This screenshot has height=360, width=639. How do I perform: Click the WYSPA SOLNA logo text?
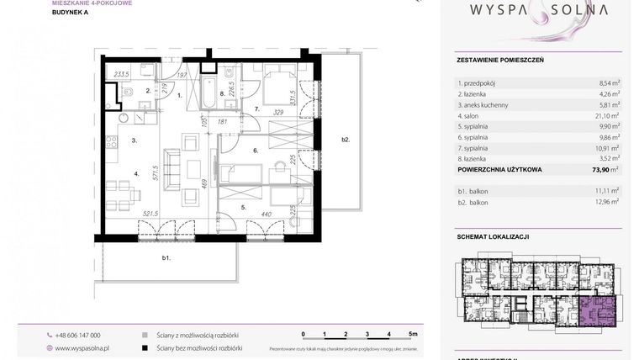(x=538, y=12)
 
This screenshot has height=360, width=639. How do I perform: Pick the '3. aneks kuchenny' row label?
(x=488, y=104)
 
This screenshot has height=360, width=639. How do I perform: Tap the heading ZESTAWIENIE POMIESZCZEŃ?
(x=500, y=61)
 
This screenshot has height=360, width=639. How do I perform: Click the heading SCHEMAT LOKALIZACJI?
(x=493, y=237)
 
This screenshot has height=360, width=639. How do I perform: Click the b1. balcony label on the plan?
(x=166, y=258)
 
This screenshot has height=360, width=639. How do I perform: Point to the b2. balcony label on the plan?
(x=345, y=139)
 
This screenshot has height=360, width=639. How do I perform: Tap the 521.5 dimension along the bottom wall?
(x=128, y=214)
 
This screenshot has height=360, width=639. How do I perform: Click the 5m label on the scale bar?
(x=413, y=334)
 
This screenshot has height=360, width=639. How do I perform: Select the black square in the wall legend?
(x=146, y=347)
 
